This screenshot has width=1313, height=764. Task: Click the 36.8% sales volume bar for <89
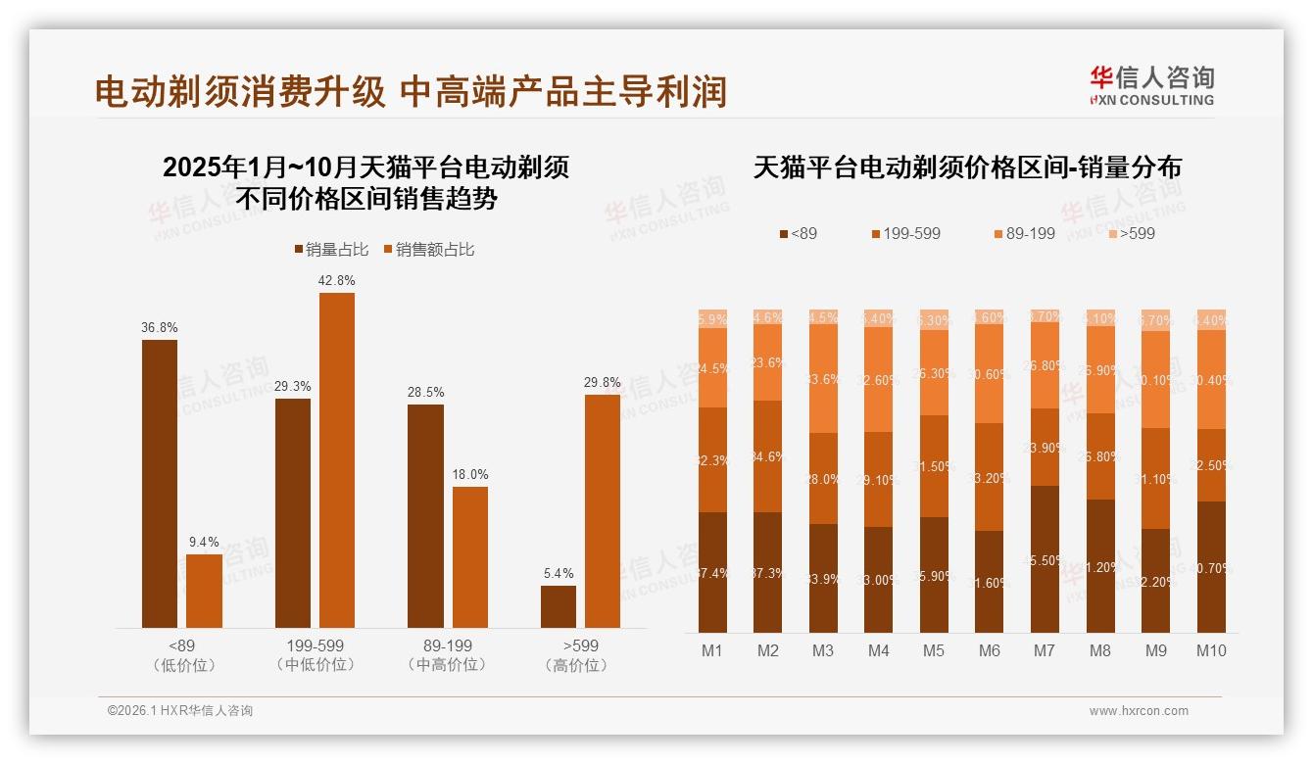(x=160, y=484)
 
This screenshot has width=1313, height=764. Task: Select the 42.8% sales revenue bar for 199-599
(x=337, y=460)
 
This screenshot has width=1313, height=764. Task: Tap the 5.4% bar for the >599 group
(x=559, y=606)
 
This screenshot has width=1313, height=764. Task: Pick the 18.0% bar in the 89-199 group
(x=470, y=557)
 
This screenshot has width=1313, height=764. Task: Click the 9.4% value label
(x=204, y=542)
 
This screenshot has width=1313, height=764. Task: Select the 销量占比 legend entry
(x=332, y=250)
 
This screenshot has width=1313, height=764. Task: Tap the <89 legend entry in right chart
(x=798, y=233)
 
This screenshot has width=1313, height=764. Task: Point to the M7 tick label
(x=1045, y=650)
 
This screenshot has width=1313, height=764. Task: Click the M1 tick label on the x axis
(x=712, y=650)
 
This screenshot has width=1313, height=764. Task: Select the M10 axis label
(x=1211, y=650)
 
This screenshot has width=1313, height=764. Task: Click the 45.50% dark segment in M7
(x=1045, y=559)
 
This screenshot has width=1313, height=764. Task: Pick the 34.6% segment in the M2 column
(x=768, y=456)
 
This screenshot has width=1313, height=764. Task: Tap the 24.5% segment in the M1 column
(x=712, y=367)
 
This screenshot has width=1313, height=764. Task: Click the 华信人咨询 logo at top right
(x=1151, y=85)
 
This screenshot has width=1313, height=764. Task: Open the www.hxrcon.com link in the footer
(x=1139, y=711)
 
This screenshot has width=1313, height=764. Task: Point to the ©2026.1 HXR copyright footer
(x=180, y=711)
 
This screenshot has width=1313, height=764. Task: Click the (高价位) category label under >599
(x=580, y=665)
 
